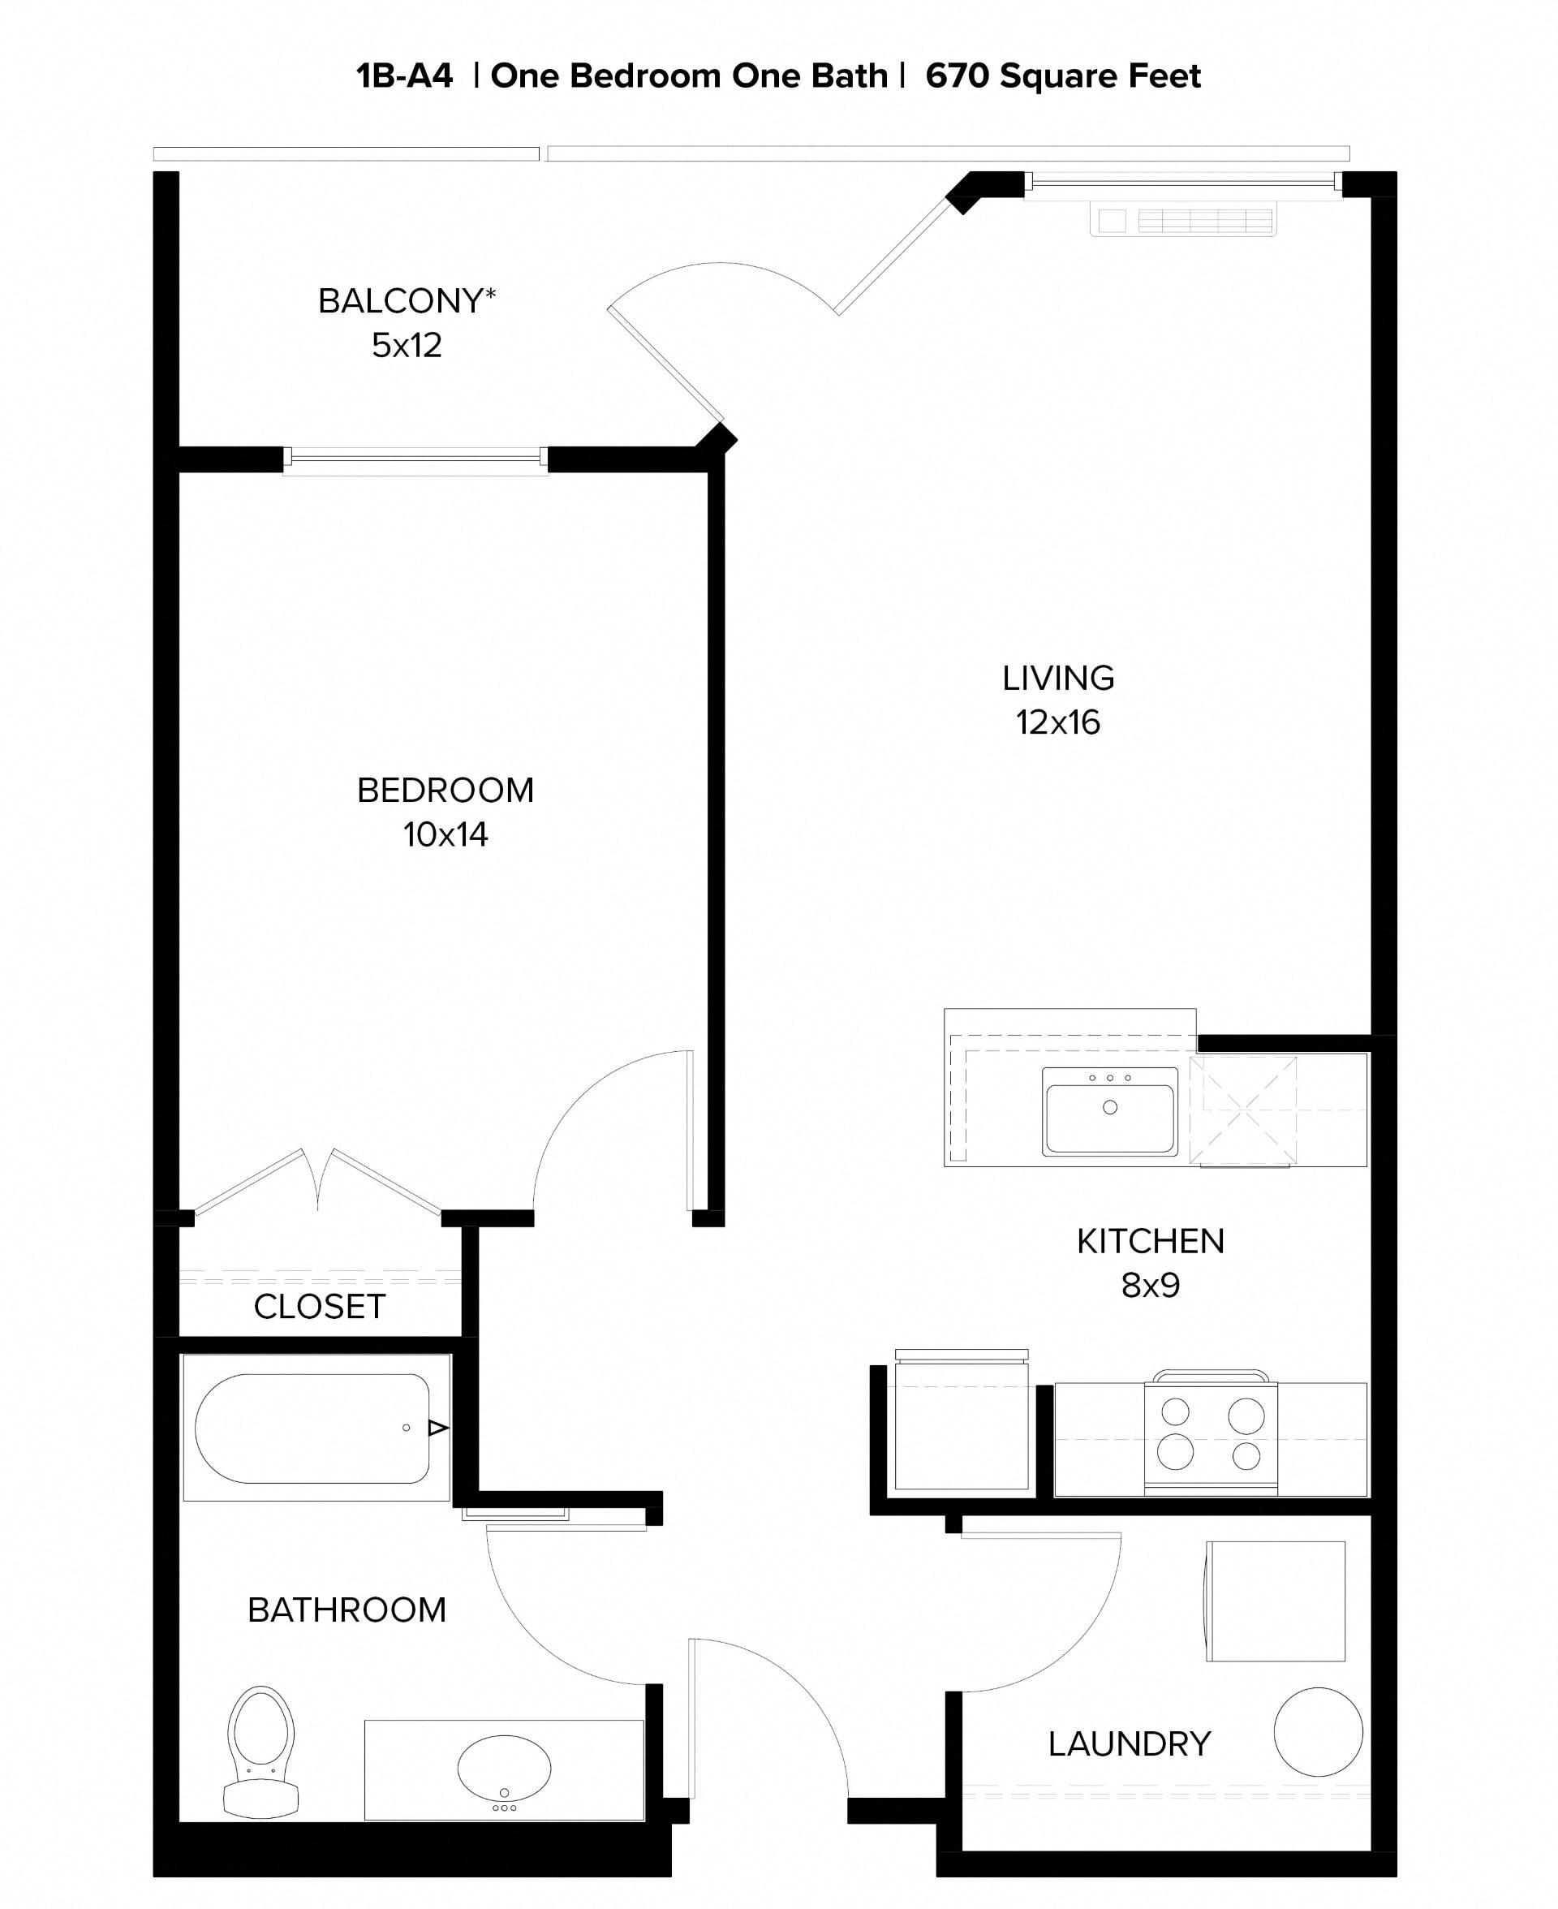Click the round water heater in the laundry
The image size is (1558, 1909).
(x=1318, y=1732)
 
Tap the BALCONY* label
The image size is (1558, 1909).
(x=407, y=300)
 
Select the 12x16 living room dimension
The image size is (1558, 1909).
(x=1057, y=722)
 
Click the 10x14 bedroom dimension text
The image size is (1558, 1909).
(x=445, y=834)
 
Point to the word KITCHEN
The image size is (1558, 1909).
(x=1150, y=1241)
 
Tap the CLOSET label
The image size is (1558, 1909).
(x=320, y=1307)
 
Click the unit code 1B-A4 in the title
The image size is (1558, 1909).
(x=405, y=76)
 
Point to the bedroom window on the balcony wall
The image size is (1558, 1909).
(x=415, y=459)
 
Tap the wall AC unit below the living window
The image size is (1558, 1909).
(x=1183, y=220)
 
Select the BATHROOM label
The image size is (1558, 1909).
(x=346, y=1610)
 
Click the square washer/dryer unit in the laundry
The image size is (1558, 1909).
(x=1275, y=1601)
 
